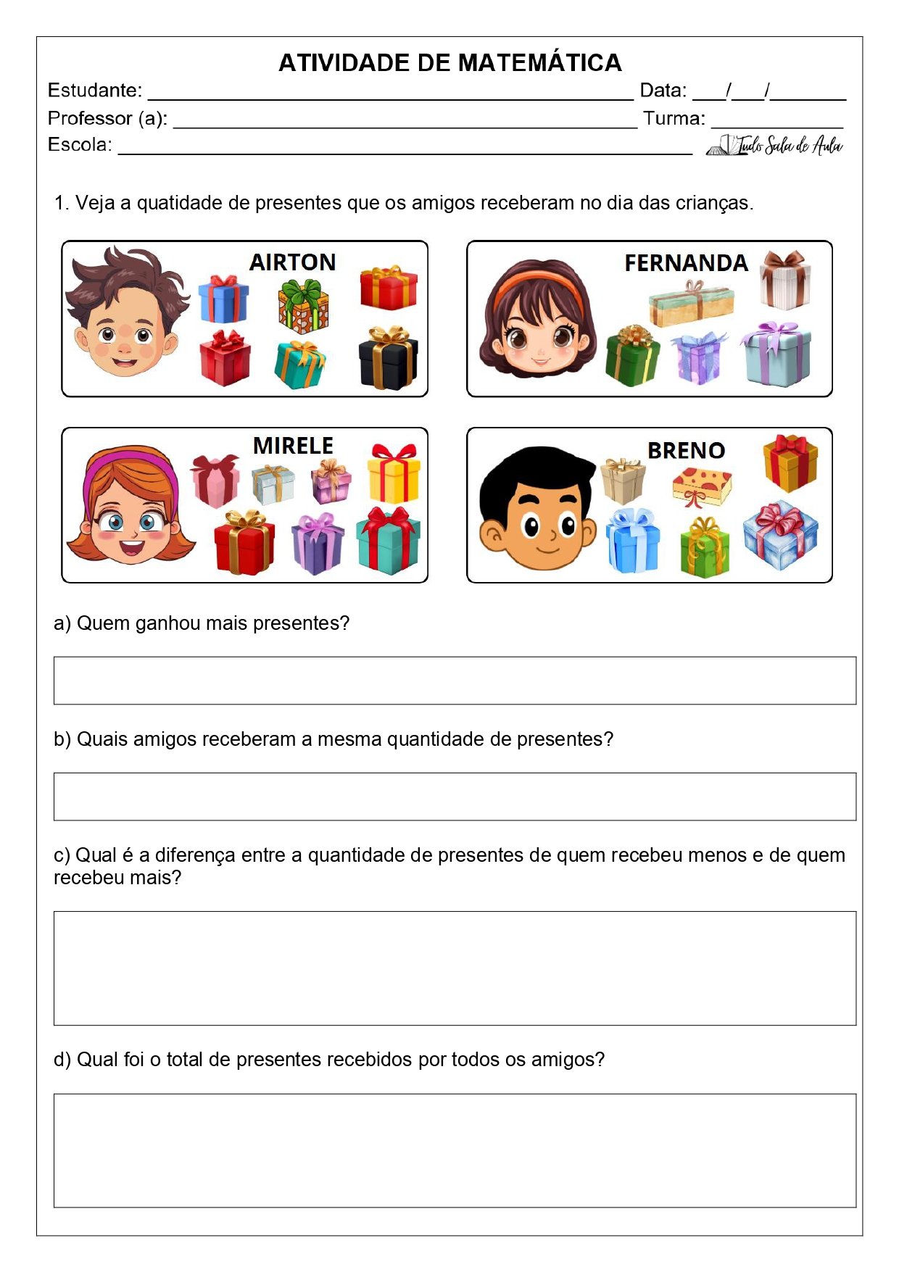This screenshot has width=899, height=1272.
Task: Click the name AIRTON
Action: point(292,262)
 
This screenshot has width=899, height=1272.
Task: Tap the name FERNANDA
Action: point(686,262)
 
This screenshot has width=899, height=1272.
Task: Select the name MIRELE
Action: point(293,445)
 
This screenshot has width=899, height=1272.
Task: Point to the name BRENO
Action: point(686,450)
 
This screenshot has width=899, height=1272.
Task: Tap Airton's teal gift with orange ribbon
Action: point(300,365)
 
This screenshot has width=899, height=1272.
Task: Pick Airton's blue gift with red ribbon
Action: point(223,299)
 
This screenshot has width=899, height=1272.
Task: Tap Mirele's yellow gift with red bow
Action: point(394,474)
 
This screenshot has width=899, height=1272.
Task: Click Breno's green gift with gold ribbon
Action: point(705,548)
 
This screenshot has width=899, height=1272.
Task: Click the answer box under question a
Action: point(455,681)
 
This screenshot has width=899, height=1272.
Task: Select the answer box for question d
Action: point(455,1150)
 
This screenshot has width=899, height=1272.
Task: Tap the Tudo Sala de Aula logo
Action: point(774,146)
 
